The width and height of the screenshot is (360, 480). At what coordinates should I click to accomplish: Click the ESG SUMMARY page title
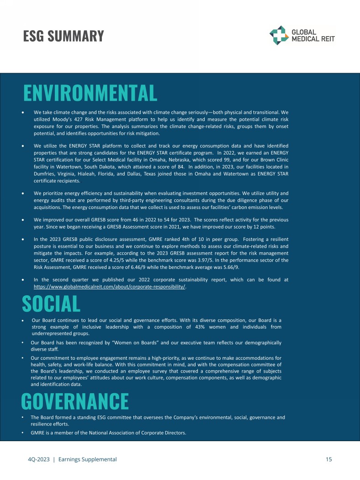point(64,36)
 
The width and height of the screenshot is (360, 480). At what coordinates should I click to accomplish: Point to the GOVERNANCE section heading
point(75,401)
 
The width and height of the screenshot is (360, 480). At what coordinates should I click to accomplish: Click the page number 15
point(328,459)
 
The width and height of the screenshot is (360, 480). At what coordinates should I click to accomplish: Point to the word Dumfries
point(45,174)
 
